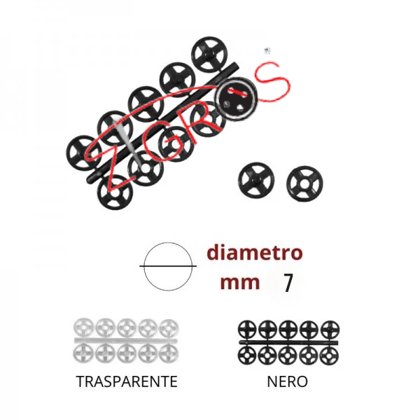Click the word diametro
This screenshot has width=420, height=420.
click(254, 253)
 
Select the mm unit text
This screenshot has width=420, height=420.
click(239, 283)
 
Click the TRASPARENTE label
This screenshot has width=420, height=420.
click(126, 382)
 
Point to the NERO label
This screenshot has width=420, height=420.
click(287, 382)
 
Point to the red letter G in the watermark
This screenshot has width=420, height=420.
click(157, 142)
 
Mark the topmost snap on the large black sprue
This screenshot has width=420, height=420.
click(208, 57)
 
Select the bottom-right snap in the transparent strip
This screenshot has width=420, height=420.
click(169, 353)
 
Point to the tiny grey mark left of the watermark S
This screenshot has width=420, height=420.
click(266, 50)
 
